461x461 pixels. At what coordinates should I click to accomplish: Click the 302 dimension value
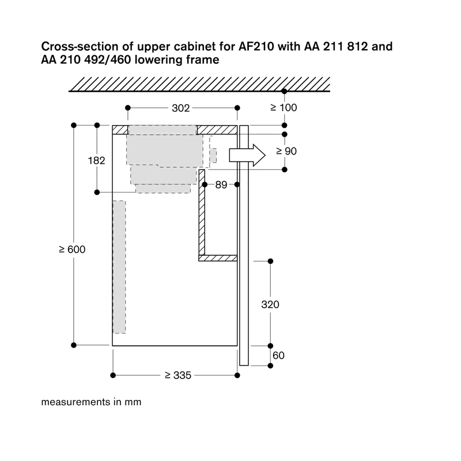coord(180,108)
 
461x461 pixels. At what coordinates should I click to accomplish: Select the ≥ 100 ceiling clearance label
coord(284,108)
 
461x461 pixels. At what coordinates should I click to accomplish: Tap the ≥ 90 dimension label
coord(286,151)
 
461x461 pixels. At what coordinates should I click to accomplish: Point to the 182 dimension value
coord(96,161)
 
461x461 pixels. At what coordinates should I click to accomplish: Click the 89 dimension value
coord(221,184)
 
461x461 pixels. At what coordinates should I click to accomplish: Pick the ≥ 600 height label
coord(72,250)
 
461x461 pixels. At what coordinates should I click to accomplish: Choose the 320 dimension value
coord(270,304)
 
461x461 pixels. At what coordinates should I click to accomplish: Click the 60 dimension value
coord(278,356)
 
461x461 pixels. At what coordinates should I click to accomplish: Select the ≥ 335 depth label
coord(178,375)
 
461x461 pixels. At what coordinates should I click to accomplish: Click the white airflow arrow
coord(247,155)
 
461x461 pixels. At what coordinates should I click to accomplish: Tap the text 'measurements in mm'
coord(91,402)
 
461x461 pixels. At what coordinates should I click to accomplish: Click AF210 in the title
coord(256,47)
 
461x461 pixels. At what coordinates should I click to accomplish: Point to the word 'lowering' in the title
coord(158,60)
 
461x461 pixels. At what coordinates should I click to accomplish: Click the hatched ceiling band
coord(199,84)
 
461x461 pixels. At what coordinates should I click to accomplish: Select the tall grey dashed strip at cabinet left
coord(119,267)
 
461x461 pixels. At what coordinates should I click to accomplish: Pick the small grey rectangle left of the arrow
coord(213,156)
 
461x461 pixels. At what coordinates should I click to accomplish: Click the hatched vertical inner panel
coord(202,212)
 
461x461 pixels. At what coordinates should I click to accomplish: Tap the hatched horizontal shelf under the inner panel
coord(218,258)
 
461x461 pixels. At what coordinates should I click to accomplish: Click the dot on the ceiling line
coord(284,92)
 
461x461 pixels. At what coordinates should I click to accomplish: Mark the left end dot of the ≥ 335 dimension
coord(113,376)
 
